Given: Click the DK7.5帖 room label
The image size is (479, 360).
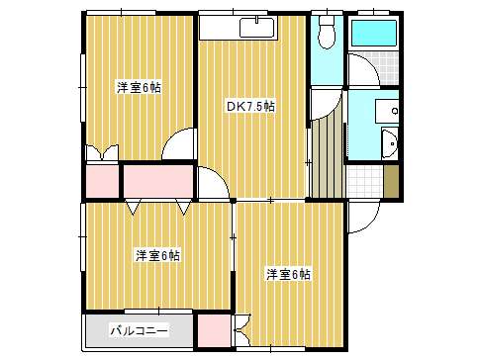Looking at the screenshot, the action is click(250, 107).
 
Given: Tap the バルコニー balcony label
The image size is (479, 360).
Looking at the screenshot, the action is click(139, 330).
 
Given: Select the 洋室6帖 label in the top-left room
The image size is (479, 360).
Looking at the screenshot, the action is click(139, 88).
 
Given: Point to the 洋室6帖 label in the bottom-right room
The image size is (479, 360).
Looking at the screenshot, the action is click(288, 274).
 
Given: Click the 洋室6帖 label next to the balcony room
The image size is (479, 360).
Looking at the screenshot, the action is click(157, 255).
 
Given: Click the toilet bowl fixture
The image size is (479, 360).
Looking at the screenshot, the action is click(327, 33).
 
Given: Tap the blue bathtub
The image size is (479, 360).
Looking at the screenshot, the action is click(373, 34).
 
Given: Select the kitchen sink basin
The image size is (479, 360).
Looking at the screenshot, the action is click(256, 28).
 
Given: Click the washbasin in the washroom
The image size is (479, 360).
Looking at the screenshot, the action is click(390, 143).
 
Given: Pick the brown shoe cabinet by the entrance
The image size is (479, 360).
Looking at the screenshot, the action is click(391, 181).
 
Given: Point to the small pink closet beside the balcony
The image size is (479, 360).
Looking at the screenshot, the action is click(215, 330).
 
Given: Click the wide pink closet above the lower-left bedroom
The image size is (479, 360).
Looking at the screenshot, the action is click(158, 181).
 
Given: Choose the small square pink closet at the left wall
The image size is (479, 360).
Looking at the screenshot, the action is click(102, 181).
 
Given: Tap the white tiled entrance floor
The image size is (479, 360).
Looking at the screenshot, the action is click(365, 181).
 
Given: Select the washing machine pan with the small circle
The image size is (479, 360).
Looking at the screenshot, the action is click(387, 111).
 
